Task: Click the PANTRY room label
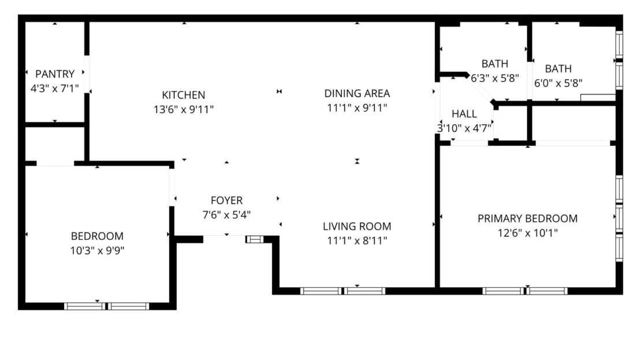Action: click(x=55, y=74)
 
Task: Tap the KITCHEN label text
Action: click(x=183, y=95)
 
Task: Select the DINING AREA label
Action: click(x=357, y=93)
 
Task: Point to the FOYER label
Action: click(x=226, y=201)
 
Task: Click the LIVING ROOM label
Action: click(x=357, y=227)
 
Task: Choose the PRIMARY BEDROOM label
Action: click(x=527, y=218)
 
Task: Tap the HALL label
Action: click(x=464, y=114)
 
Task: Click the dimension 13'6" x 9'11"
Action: click(x=183, y=109)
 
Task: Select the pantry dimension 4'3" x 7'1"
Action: click(x=55, y=88)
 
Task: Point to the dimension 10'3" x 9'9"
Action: click(x=97, y=250)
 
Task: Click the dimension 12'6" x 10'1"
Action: click(x=527, y=233)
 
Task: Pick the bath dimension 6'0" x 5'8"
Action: click(x=558, y=83)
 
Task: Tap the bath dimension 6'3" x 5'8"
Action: click(x=495, y=78)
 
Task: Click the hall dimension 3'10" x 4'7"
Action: click(x=464, y=128)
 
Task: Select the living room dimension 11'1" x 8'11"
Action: click(x=357, y=240)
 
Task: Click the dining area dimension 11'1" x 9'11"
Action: click(x=357, y=107)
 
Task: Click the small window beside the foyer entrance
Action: click(x=254, y=239)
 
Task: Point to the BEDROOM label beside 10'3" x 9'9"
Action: click(x=97, y=236)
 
